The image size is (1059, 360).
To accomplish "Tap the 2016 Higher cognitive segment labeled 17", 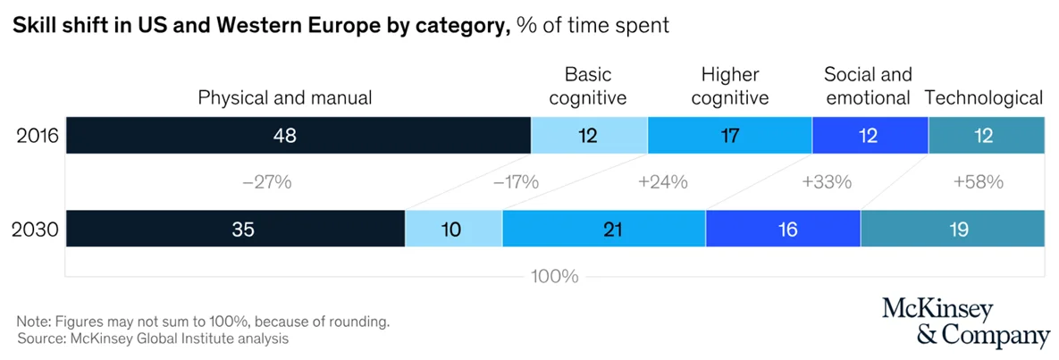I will pyautogui.click(x=729, y=136).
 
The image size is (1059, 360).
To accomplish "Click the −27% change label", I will pyautogui.click(x=267, y=182).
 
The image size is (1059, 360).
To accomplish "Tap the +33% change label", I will pyautogui.click(x=827, y=182).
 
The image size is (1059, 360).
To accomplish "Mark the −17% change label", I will pyautogui.click(x=516, y=182).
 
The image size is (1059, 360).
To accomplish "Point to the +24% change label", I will pyautogui.click(x=662, y=182).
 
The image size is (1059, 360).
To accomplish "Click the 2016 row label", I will pyautogui.click(x=37, y=137).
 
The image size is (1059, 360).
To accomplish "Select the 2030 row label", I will pyautogui.click(x=37, y=230).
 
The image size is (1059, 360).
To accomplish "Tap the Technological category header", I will pyautogui.click(x=984, y=97).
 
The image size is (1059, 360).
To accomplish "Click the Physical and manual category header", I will pyautogui.click(x=284, y=97).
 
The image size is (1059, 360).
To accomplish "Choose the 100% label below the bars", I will pyautogui.click(x=554, y=276).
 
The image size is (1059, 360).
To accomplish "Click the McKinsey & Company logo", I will pyautogui.click(x=965, y=322).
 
